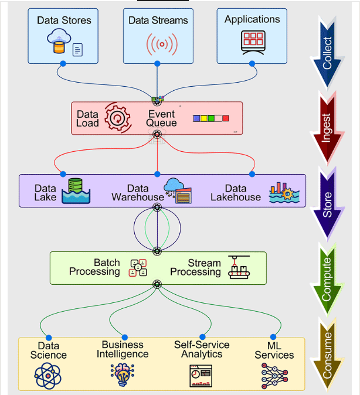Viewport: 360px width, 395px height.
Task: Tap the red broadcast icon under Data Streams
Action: [x=157, y=43]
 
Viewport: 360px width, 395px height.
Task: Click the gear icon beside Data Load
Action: [x=117, y=118]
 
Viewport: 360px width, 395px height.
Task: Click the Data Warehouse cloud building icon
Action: [x=178, y=190]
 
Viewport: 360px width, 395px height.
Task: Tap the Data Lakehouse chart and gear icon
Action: [x=284, y=192]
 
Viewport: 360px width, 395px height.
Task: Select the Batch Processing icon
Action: [x=138, y=267]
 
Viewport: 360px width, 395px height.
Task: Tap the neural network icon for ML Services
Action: [x=274, y=374]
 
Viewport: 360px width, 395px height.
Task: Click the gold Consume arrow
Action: [x=327, y=355]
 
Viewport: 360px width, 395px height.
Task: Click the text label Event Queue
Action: [x=161, y=118]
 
